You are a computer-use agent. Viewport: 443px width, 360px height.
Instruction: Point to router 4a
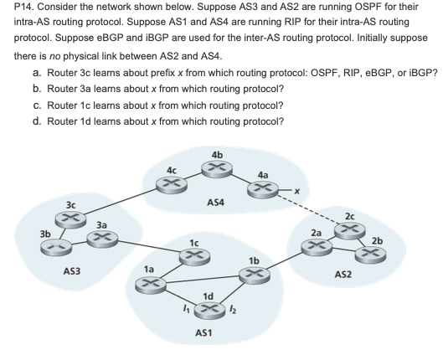[x=263, y=189]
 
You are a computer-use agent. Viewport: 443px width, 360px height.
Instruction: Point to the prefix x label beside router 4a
[x=294, y=192]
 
